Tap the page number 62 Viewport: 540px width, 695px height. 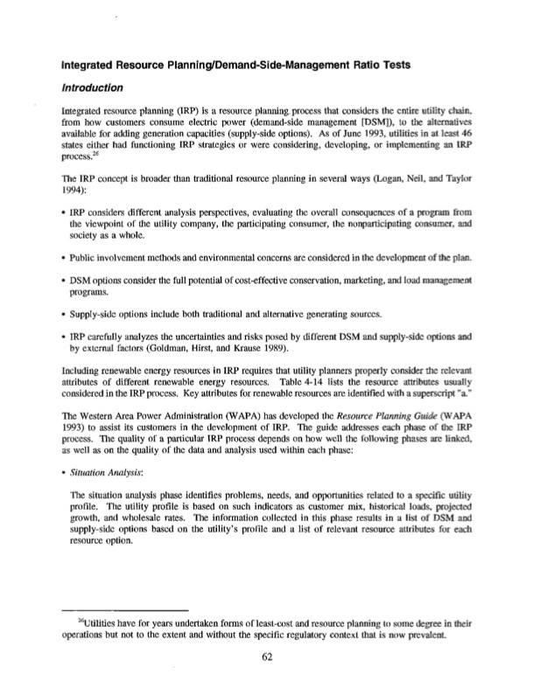tap(269, 659)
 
